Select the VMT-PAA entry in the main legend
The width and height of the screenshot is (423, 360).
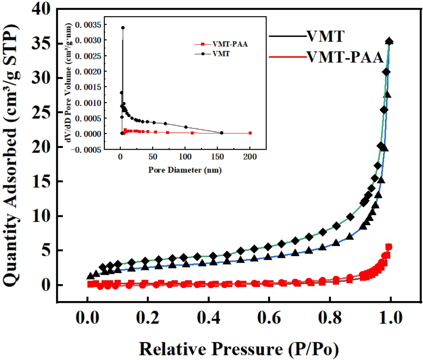[344, 57]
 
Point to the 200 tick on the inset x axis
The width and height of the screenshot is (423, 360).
[249, 156]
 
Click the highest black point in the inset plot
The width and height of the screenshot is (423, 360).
[123, 28]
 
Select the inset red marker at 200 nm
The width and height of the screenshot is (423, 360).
[250, 133]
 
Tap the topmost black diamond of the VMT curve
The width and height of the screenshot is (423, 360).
[389, 42]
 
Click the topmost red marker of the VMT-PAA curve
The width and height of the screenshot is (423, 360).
[389, 247]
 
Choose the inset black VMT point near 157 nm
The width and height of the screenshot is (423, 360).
[222, 133]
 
